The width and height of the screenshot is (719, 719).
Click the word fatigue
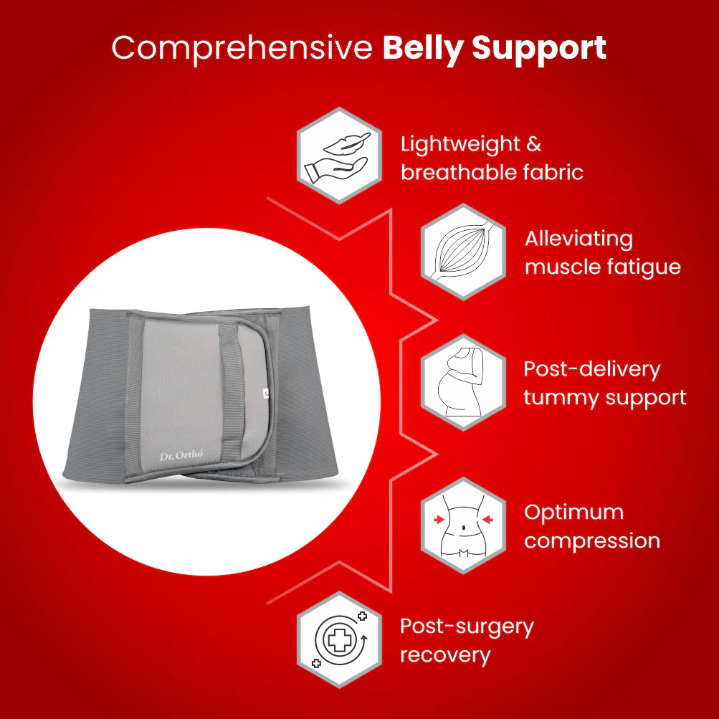641,267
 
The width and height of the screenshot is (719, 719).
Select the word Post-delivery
591,368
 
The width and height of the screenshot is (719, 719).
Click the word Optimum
573,512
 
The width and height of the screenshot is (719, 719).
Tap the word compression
591,541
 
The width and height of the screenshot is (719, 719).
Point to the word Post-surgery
467,627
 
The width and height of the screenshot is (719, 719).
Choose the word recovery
445,654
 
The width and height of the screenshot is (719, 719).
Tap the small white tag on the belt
266,392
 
